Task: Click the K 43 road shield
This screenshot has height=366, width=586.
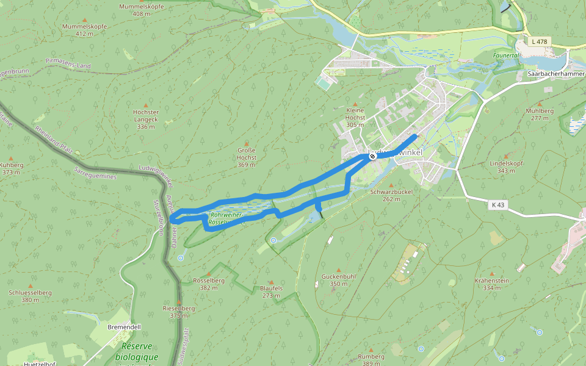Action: [x=497, y=205]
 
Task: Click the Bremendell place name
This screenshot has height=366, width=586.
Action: [x=124, y=327]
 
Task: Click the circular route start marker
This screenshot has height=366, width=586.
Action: [x=372, y=157]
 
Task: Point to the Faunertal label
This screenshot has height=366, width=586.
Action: [x=506, y=55]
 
